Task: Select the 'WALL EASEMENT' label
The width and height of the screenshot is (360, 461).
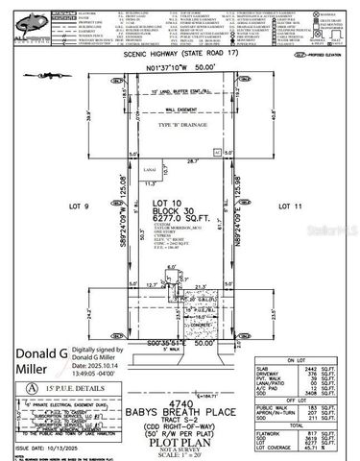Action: click(x=179, y=111)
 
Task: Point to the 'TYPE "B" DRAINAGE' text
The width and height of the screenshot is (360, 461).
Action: click(x=179, y=125)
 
